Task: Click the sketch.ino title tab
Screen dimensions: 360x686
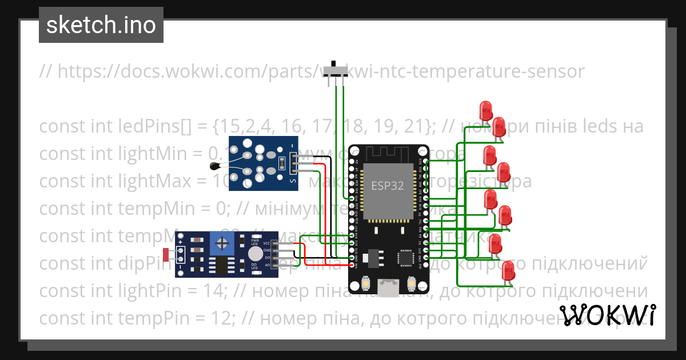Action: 101,25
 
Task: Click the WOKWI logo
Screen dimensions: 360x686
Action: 607,315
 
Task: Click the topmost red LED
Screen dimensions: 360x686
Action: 486,109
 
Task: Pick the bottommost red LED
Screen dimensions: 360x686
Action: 507,270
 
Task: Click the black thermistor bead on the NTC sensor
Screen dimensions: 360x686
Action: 215,166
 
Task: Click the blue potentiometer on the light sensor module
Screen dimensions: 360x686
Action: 221,245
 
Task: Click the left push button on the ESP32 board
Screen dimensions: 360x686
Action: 366,283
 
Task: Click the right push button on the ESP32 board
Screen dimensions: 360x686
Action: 411,283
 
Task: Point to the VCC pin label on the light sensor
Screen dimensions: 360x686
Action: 266,243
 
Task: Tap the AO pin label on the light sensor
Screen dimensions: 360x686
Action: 267,265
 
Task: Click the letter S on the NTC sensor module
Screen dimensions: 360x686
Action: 294,182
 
